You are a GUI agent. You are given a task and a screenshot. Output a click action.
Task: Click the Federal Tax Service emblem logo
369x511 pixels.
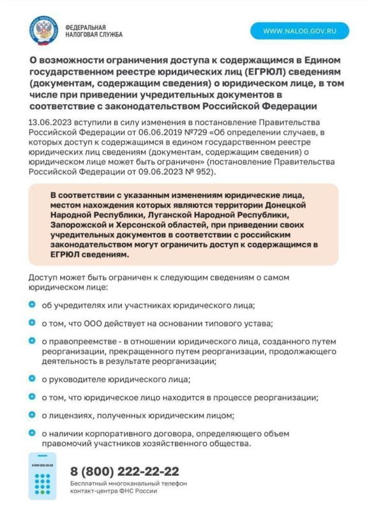point(43,30)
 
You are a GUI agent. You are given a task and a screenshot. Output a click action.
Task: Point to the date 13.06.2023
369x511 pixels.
point(49,121)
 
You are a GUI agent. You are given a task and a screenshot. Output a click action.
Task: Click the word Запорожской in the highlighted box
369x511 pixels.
point(80,225)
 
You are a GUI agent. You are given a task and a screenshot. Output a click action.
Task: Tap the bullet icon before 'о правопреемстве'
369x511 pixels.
point(33,341)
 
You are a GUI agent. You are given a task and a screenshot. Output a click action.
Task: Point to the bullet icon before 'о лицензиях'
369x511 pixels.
point(33,415)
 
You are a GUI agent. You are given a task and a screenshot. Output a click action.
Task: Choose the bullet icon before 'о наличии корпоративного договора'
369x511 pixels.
point(33,433)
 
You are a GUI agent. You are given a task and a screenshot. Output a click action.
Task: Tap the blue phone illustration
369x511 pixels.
point(43,475)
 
